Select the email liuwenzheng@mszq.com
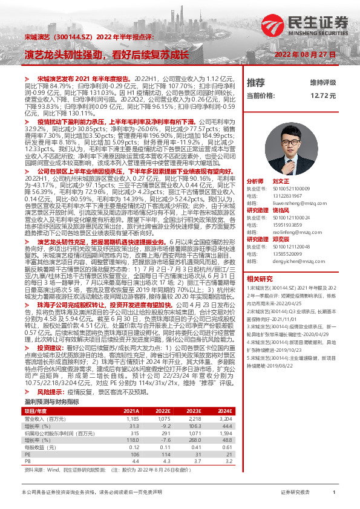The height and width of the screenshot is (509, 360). (x=292, y=204)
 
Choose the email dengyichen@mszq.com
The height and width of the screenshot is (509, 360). (x=292, y=263)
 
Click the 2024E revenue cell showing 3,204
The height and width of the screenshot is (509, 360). (x=224, y=418)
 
